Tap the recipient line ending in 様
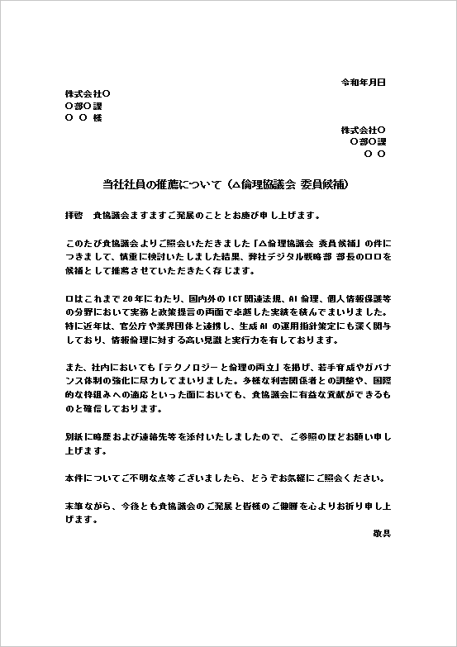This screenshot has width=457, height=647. click(83, 118)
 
